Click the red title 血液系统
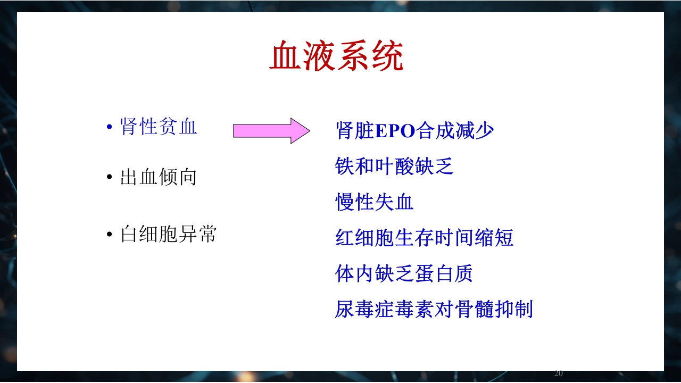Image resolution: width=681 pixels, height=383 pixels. (337, 56)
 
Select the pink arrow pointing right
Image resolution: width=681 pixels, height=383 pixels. (271, 131)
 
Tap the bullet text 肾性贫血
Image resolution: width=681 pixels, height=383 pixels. (159, 127)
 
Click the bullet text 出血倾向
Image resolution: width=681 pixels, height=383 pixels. (159, 177)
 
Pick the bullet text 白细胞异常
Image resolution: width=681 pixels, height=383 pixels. (168, 234)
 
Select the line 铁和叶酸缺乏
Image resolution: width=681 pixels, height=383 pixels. (394, 166)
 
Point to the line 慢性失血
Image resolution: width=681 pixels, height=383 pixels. (375, 202)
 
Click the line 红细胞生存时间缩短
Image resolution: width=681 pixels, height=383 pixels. (424, 238)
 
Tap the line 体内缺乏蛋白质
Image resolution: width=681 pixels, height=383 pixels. (404, 273)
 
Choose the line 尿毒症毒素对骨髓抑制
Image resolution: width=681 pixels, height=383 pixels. (434, 309)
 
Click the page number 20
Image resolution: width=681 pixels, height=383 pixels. (559, 373)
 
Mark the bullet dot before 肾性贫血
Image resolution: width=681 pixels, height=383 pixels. (110, 128)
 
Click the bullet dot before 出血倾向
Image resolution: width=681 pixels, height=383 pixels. (110, 178)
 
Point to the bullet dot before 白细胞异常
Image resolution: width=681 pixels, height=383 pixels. (110, 235)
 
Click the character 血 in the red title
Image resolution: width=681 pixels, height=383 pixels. (285, 56)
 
